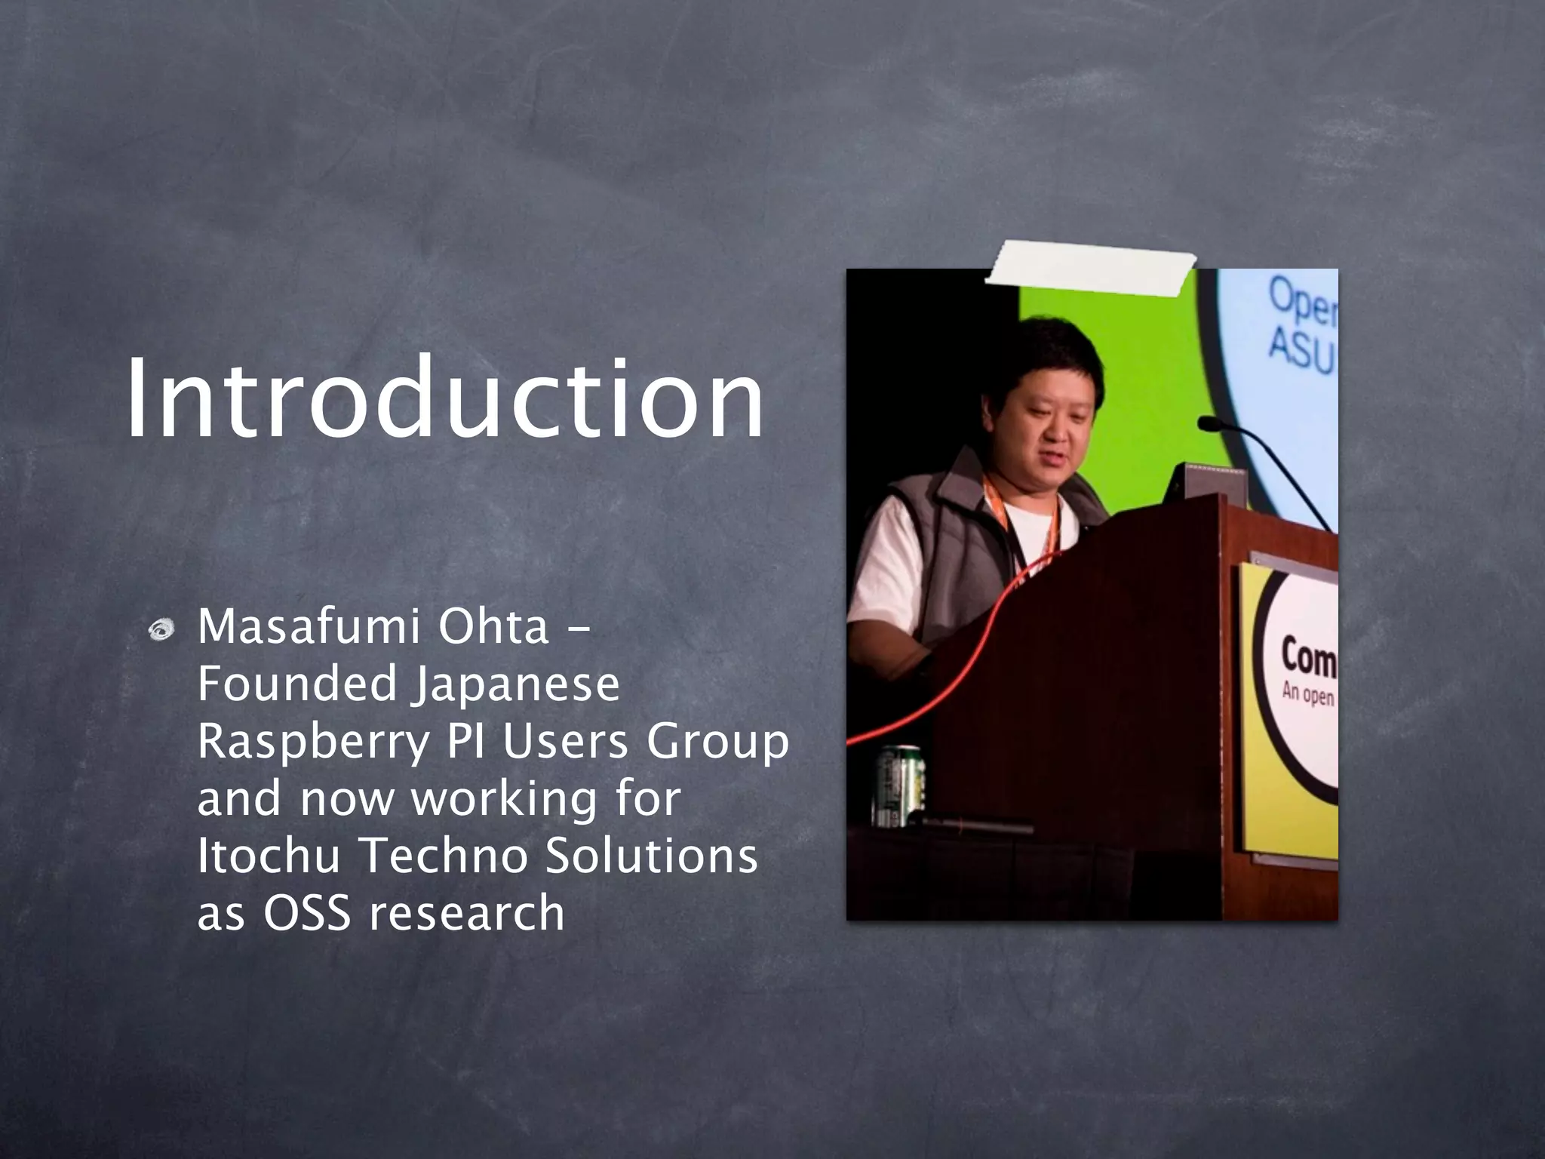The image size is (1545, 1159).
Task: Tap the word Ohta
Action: [x=493, y=627]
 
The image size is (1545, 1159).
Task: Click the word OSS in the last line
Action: [x=307, y=913]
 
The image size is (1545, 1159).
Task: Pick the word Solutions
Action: [x=650, y=856]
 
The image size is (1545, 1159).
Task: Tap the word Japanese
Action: [x=515, y=684]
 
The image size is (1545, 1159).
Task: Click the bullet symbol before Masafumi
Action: [x=162, y=630]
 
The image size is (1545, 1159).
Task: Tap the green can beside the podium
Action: [x=899, y=785]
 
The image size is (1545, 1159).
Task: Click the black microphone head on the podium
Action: [x=1209, y=424]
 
